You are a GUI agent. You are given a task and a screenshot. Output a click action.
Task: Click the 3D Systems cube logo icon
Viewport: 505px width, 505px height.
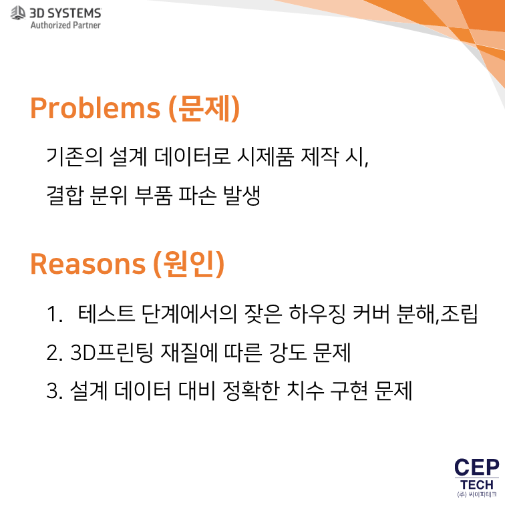[18, 13]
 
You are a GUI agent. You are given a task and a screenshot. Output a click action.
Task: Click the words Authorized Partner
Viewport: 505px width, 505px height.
[65, 25]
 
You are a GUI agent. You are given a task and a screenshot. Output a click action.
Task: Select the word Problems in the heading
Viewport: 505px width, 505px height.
[95, 108]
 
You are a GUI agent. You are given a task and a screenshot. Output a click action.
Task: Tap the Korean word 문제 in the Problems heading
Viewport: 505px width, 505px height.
[204, 108]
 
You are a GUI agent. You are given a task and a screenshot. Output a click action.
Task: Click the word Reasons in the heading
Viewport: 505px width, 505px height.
[88, 264]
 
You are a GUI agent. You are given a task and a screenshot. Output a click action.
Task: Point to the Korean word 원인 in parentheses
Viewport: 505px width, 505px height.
[189, 264]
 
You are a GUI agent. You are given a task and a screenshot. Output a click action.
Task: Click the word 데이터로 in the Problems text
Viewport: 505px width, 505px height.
[192, 156]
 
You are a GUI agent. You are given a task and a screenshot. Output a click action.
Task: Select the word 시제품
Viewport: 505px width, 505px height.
[265, 156]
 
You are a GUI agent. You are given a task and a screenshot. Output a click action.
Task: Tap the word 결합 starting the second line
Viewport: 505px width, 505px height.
[65, 196]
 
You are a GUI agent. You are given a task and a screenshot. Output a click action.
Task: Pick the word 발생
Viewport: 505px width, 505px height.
[242, 196]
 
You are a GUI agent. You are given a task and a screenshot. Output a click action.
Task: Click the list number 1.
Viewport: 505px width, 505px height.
[54, 314]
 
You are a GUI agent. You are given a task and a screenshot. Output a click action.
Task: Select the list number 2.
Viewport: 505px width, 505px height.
[54, 353]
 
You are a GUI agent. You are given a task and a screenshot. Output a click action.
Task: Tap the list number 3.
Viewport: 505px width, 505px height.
[54, 391]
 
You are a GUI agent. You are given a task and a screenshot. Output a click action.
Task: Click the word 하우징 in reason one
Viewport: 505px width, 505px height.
[317, 313]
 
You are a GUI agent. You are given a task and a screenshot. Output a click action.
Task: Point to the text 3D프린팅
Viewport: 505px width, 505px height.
[112, 352]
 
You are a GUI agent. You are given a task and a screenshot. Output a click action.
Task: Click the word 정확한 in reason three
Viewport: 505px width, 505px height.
[251, 391]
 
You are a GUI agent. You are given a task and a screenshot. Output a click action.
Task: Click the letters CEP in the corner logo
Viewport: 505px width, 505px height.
[477, 468]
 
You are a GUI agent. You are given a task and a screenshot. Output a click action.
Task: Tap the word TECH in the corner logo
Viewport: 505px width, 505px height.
[477, 485]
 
